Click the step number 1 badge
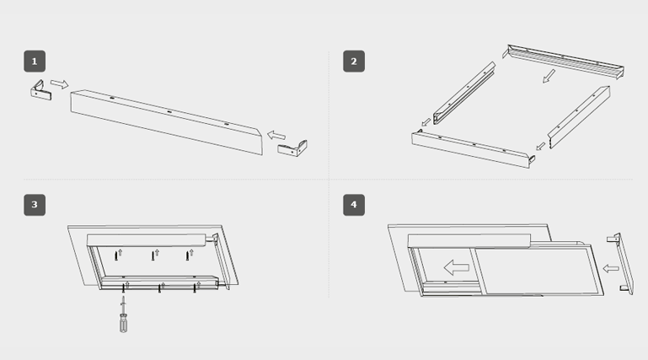35,61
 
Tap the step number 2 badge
354,61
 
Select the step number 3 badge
35,204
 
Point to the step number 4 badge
354,204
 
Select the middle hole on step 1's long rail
169,111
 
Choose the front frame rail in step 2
472,148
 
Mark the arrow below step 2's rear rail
549,78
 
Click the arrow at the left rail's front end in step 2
426,122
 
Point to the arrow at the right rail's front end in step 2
540,146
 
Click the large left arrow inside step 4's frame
456,268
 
